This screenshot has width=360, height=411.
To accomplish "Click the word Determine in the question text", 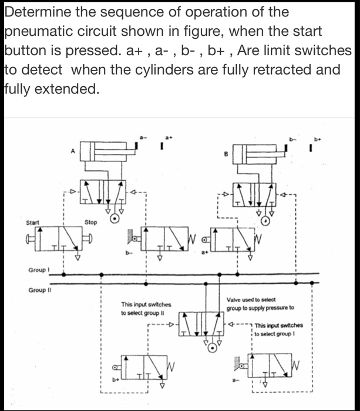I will tap(35, 12).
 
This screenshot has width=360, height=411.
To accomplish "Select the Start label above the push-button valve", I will tap(33, 223).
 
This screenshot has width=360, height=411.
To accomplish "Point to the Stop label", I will tap(90, 223).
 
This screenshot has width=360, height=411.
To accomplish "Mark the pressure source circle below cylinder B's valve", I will tap(266, 221).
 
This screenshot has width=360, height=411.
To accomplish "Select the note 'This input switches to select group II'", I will tap(146, 309).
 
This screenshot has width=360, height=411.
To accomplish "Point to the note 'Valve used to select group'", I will tap(260, 304).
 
